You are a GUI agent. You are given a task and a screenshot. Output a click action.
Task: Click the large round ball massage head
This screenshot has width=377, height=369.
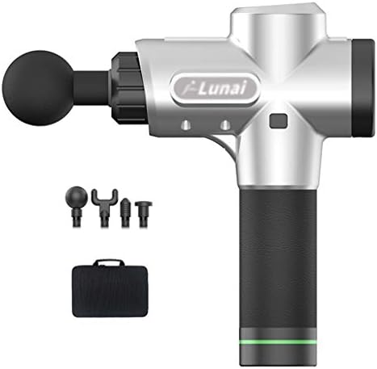point(38,88)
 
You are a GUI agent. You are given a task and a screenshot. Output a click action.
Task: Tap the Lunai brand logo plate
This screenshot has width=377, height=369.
point(216,88)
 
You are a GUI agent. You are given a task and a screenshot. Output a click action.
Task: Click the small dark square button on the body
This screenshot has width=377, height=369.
point(279,121)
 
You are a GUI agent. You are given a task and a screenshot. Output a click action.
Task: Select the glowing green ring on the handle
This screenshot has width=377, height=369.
point(279,342)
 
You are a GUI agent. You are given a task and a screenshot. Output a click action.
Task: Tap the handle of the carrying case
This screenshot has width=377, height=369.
point(110,262)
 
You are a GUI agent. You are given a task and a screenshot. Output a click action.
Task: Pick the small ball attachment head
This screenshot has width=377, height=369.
point(77,206)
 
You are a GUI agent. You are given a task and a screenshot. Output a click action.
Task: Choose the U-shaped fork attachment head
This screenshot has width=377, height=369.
point(104,208)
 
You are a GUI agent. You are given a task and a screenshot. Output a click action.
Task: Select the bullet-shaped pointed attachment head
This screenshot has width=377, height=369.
point(125,213)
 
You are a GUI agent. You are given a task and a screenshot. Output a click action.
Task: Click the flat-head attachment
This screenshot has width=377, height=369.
point(144,214)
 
